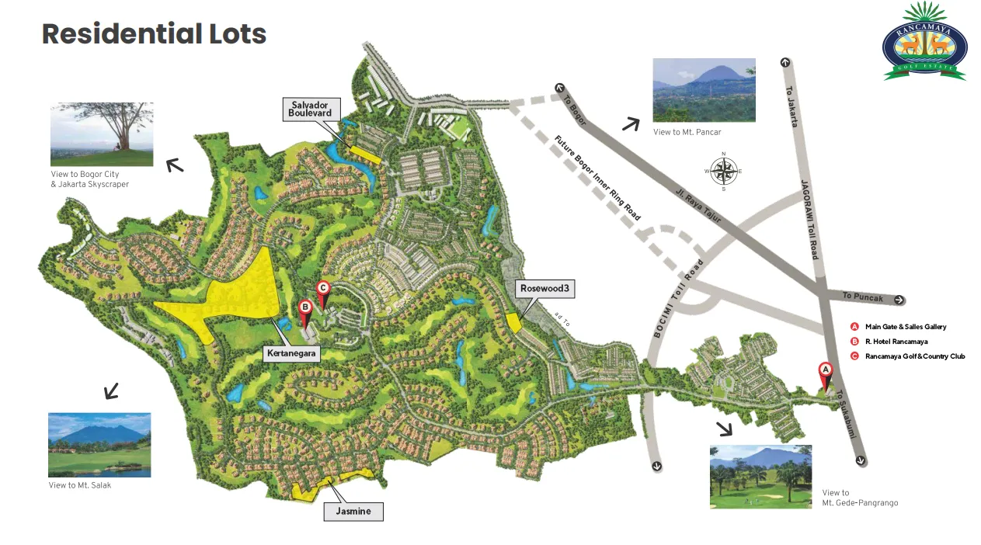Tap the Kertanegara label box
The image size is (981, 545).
click(x=293, y=354)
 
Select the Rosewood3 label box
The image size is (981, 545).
click(x=544, y=289)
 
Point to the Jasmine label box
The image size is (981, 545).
click(x=353, y=512)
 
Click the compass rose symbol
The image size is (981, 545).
click(x=723, y=171)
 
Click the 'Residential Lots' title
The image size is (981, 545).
click(x=154, y=34)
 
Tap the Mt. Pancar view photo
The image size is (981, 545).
click(x=704, y=90)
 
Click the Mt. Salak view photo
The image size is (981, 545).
click(x=99, y=445)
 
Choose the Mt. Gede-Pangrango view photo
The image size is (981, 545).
click(x=760, y=477)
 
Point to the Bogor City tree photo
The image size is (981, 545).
click(x=102, y=134)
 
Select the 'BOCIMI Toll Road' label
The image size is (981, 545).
click(x=678, y=299)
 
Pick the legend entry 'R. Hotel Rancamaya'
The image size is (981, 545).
click(x=896, y=342)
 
